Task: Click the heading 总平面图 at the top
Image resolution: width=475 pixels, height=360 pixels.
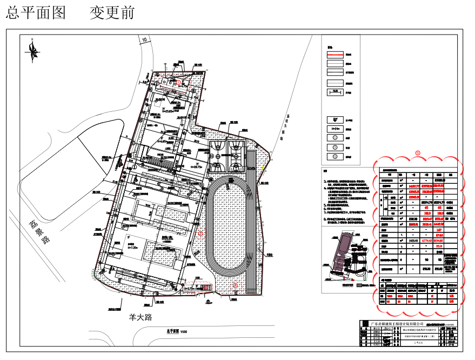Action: pyautogui.click(x=36, y=12)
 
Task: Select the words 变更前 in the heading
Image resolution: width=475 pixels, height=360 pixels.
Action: pyautogui.click(x=112, y=12)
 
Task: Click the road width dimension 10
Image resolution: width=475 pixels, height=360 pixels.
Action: pyautogui.click(x=144, y=39)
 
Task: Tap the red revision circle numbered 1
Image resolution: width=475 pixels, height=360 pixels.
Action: pyautogui.click(x=200, y=233)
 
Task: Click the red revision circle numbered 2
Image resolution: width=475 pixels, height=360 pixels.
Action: pyautogui.click(x=235, y=284)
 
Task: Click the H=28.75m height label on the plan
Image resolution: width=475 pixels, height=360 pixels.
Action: pyautogui.click(x=193, y=167)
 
